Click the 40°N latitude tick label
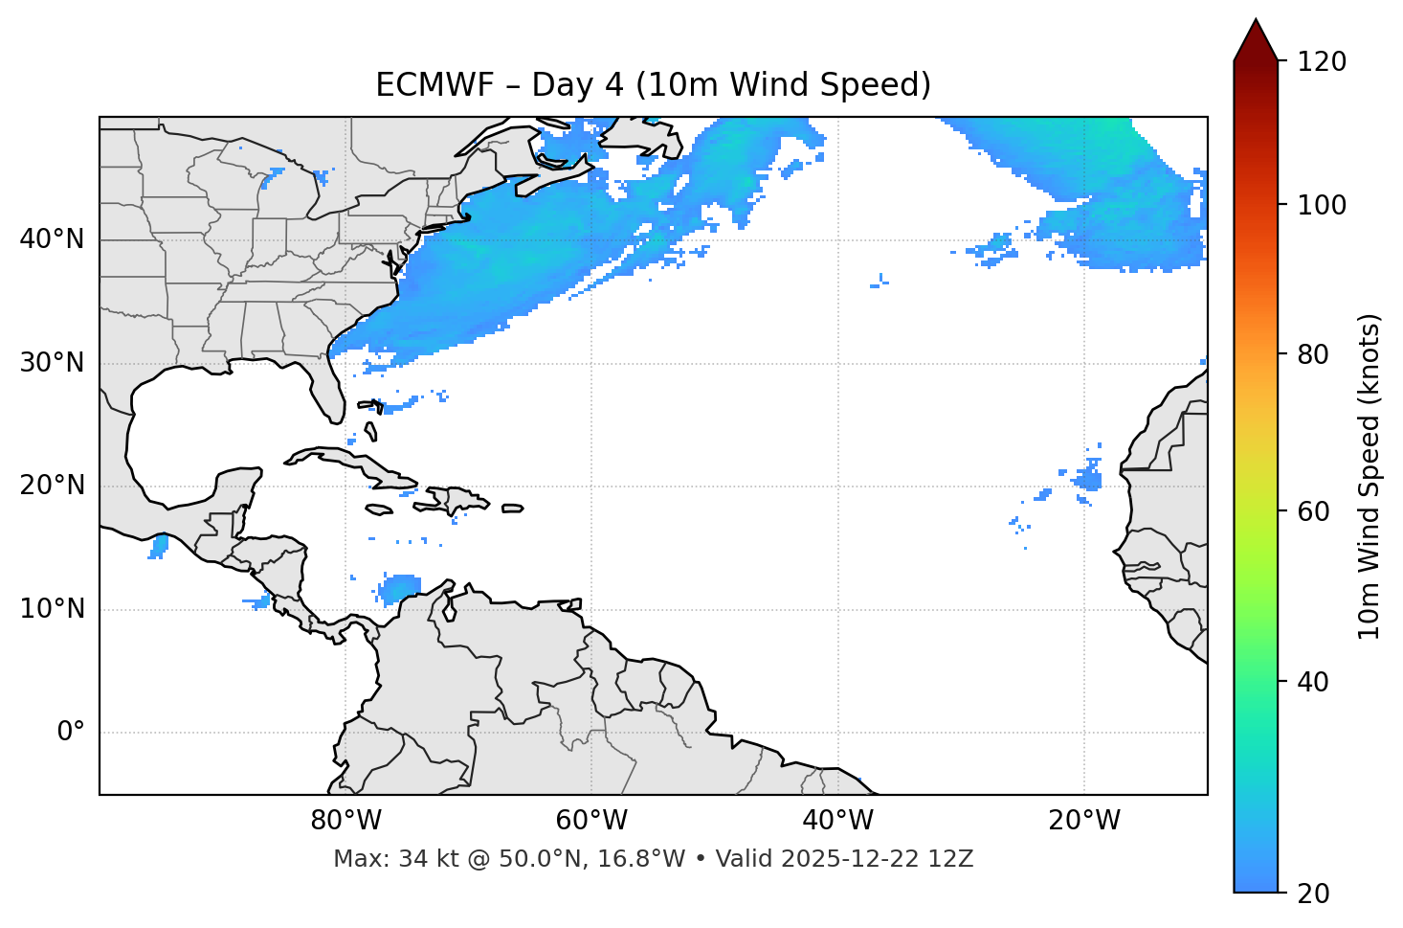[52, 239]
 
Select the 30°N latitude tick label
[52, 363]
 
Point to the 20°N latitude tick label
[52, 486]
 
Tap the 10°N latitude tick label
[52, 609]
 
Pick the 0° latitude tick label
[71, 733]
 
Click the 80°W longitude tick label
[345, 821]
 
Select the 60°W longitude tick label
[591, 821]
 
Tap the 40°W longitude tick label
[838, 821]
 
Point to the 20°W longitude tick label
[1084, 821]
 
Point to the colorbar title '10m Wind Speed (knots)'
[1370, 476]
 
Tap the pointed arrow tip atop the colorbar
[1256, 21]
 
